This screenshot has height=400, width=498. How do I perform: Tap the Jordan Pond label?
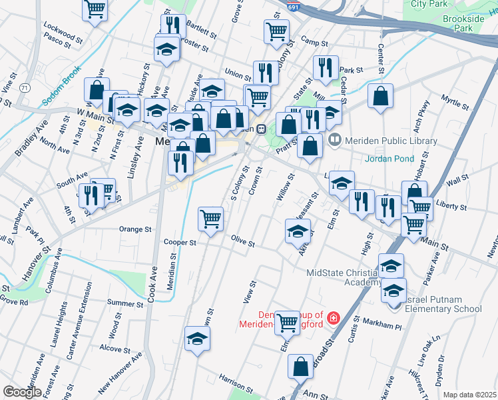click(389, 159)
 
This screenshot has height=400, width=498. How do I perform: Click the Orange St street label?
click(135, 229)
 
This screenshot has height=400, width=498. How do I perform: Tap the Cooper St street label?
click(180, 243)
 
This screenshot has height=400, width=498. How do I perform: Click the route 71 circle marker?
click(25, 88)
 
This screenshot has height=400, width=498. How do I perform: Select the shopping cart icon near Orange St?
click(210, 217)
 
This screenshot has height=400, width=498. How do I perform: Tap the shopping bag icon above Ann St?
click(300, 365)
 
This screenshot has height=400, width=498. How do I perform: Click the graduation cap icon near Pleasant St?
click(298, 231)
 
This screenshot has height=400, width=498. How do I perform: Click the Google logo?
click(22, 391)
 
